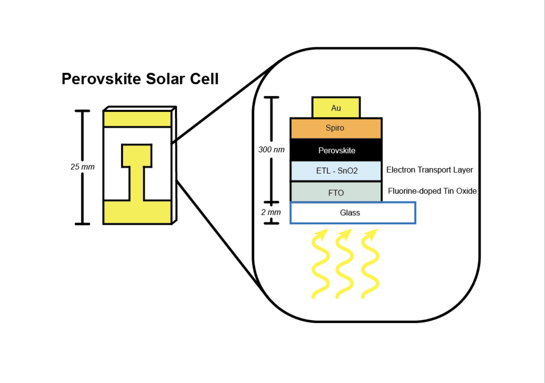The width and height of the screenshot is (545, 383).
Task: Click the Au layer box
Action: click(x=336, y=108)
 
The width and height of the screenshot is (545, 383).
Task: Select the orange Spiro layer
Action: click(x=336, y=128)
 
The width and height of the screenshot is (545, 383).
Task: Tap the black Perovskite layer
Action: click(x=336, y=150)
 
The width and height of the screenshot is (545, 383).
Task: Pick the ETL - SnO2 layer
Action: click(x=336, y=171)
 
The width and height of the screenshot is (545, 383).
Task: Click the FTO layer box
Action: click(x=336, y=193)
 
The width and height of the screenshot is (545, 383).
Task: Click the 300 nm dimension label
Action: click(x=271, y=150)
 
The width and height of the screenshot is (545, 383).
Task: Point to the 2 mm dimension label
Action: click(x=271, y=212)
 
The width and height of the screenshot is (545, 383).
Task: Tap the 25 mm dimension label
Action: click(x=82, y=167)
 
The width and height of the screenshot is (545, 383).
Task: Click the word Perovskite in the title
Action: click(x=101, y=79)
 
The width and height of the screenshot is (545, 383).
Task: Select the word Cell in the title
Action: click(x=204, y=79)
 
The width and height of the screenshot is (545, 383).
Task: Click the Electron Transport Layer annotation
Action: click(x=429, y=170)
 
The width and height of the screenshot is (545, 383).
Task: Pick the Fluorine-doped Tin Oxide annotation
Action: click(x=432, y=191)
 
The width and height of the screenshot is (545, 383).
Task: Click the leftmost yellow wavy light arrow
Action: click(x=320, y=265)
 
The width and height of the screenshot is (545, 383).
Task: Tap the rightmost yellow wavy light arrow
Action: click(x=370, y=265)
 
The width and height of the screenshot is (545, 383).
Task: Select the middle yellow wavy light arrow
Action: click(x=344, y=265)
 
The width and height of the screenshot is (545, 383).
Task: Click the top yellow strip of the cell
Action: click(x=137, y=119)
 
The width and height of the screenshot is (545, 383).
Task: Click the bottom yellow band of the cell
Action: click(x=137, y=212)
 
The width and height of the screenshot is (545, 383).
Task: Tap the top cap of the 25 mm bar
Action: click(x=82, y=111)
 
